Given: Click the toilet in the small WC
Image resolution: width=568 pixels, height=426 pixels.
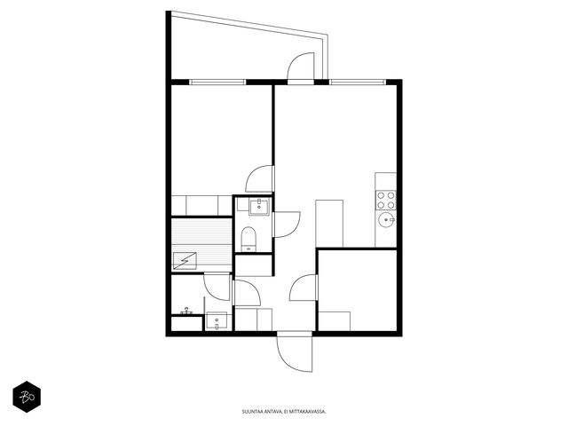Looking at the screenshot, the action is point(248,239).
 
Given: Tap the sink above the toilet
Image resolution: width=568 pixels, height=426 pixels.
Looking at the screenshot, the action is point(259,207).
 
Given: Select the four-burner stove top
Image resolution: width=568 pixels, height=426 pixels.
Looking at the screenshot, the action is point(385,201).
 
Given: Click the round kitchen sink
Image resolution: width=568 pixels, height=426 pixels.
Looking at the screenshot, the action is point(387,220).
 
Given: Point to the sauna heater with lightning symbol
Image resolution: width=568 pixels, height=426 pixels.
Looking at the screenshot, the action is point(185,260).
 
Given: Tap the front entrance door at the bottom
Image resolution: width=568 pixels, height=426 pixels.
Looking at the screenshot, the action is point(294,353).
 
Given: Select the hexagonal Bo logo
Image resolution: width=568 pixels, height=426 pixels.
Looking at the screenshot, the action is point(27,397).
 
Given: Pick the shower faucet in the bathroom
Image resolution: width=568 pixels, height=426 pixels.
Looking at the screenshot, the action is point(186,311).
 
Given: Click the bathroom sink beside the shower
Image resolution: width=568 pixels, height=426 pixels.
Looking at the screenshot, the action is point(217,320).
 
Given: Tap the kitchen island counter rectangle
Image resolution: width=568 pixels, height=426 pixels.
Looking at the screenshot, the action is point(329,224).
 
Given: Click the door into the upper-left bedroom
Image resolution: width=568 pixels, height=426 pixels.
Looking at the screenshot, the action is point(259,178).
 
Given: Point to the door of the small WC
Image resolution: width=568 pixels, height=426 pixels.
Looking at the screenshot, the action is point(286,225).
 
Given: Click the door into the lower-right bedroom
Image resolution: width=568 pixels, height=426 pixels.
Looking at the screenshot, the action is point(304,288).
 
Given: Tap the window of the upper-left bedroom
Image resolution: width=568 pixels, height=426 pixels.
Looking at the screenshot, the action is point(217,83).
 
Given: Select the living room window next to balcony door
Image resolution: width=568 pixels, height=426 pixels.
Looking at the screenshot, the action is point(358,83).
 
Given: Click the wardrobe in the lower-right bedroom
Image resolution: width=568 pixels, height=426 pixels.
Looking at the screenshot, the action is point(334,321).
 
